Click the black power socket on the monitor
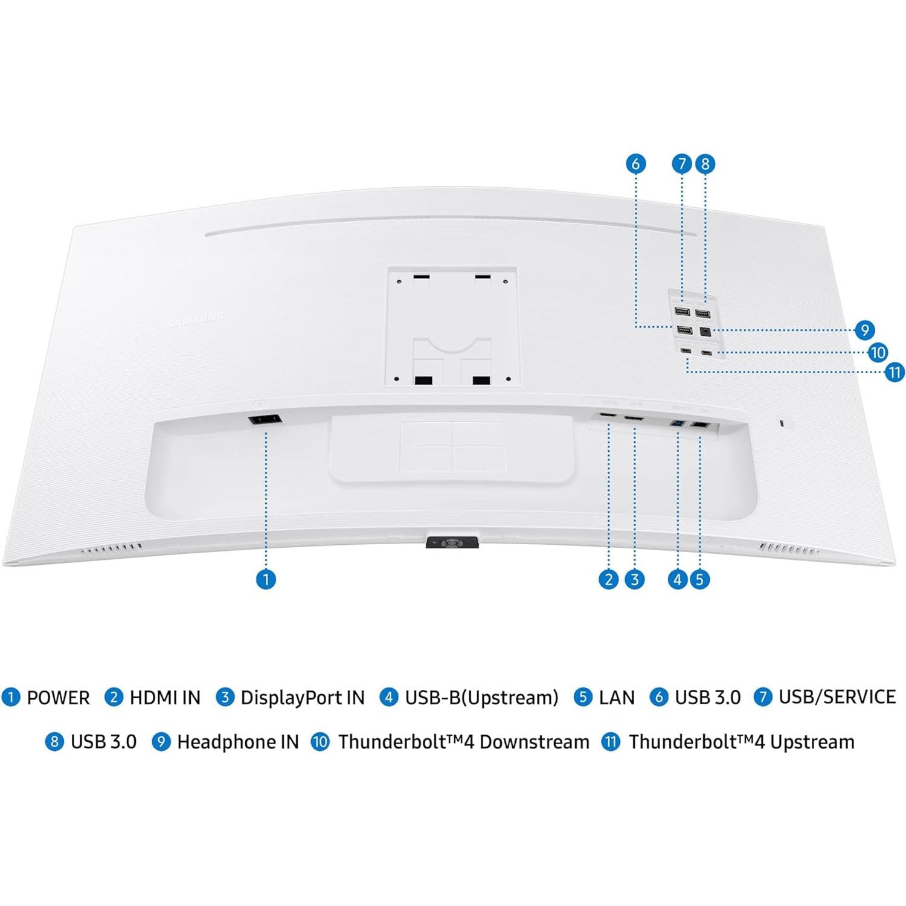265,420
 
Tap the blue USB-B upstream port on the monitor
678,425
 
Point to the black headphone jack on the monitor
704,331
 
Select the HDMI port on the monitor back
608,417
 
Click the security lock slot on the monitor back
783,422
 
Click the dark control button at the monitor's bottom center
452,542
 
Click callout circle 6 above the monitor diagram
635,164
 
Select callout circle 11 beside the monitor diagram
895,372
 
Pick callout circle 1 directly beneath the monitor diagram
266,579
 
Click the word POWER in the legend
58,698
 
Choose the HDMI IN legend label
165,698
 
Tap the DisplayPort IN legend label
303,698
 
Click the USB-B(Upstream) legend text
481,698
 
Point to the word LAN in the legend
617,698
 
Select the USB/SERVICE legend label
837,697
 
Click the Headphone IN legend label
238,742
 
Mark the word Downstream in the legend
534,742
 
